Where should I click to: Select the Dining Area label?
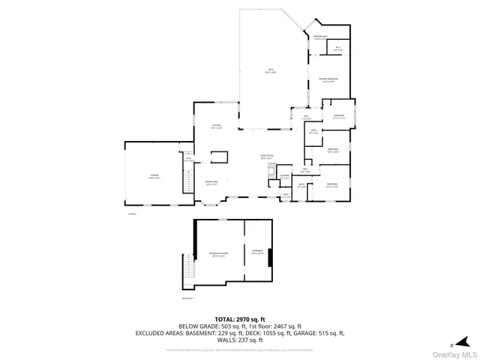[211, 182]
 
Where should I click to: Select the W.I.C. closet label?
[338, 49]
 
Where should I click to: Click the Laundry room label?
[284, 177]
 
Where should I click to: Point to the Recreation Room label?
[218, 255]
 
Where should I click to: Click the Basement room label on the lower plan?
[258, 252]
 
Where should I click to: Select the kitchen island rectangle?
[219, 156]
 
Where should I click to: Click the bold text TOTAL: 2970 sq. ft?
[239, 319]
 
